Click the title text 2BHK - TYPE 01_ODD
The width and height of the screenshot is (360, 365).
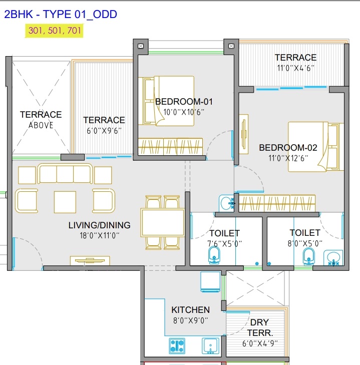pos(61,15)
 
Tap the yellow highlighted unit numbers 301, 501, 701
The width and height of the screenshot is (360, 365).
pos(55,31)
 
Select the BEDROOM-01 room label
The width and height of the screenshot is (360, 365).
pos(184,102)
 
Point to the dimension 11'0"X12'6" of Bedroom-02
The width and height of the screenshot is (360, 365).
pos(288,158)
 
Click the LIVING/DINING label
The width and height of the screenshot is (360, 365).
pos(100,225)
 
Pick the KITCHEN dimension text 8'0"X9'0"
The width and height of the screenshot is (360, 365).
pos(190,320)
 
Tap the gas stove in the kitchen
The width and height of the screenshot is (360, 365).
pos(177,345)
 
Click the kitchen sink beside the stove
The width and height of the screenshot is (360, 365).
pos(210,345)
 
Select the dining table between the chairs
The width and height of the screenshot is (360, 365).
pos(163,223)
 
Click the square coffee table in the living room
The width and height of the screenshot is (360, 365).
pos(65,202)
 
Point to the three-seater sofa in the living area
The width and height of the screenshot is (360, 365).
pos(65,174)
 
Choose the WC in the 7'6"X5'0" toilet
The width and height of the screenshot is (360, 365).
pos(214,255)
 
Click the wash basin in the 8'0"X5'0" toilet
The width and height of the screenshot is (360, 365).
pos(333,258)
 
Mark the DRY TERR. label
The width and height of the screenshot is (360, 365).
pos(260,328)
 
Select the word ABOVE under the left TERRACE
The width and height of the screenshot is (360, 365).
pos(41,125)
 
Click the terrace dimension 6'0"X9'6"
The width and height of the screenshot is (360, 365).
pos(104,131)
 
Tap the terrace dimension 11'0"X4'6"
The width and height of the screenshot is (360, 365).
pos(295,68)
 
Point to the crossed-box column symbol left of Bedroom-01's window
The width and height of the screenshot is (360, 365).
pos(141,46)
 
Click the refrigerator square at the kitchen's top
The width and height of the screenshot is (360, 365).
pos(210,281)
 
